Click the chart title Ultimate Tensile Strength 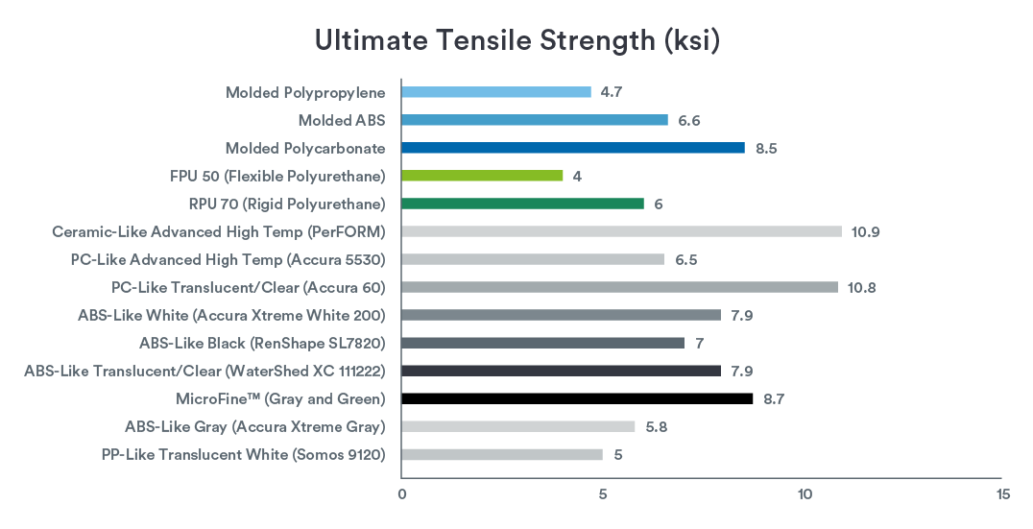point(517,42)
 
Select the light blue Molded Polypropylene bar point(495,92)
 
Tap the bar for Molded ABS point(534,120)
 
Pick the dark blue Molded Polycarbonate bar point(572,148)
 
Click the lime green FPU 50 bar point(481,176)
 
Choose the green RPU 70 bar point(522,204)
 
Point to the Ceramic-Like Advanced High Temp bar point(621,231)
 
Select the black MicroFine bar point(576,398)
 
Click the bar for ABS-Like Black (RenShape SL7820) point(542,343)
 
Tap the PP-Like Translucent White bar point(501,454)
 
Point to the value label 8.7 point(775,398)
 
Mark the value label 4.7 point(613,92)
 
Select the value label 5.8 point(656,426)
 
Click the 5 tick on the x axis point(603,494)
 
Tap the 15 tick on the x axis point(1003,494)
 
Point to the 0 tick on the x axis point(401,494)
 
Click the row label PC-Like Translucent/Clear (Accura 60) point(248,287)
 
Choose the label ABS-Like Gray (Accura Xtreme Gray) point(254,426)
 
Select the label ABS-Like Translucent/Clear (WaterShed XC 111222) point(204,371)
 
